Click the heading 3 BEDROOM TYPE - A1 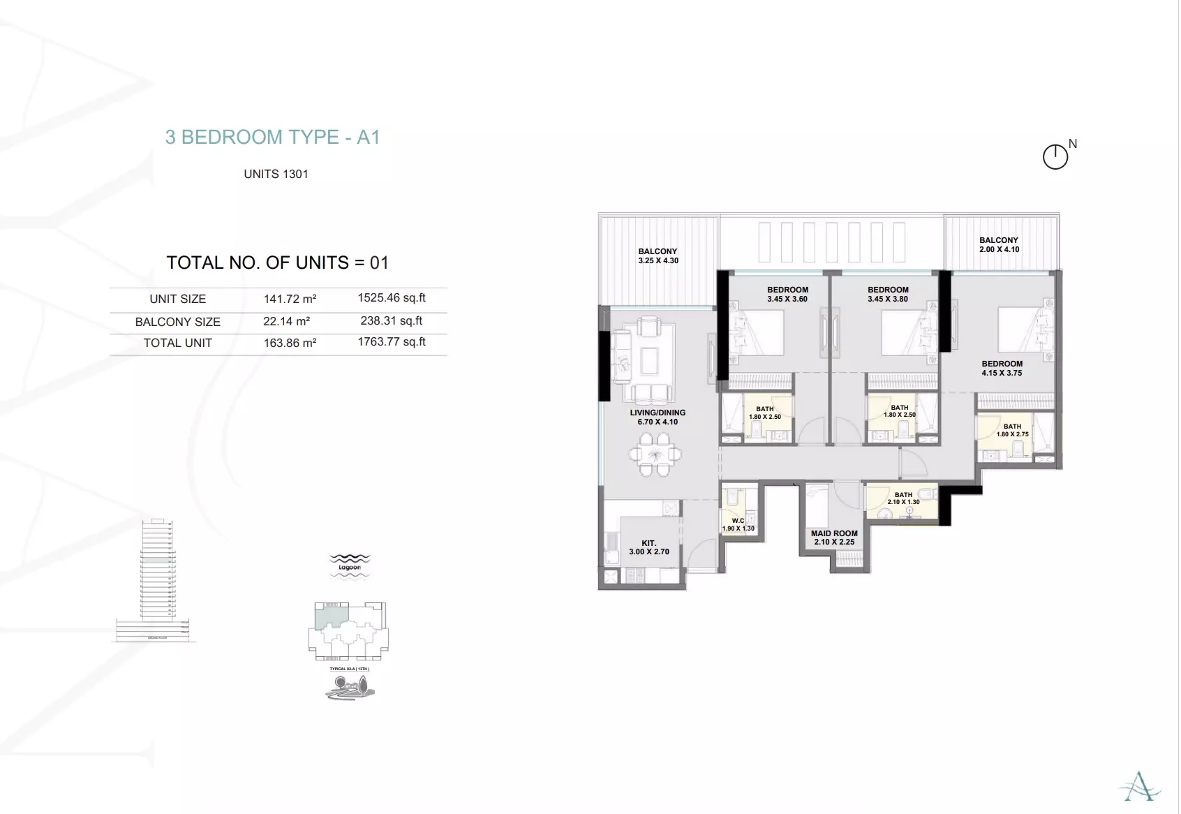tap(272, 137)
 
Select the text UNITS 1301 tap(276, 174)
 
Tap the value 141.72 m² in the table tap(290, 299)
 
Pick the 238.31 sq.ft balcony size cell tap(391, 320)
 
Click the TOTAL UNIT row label tap(177, 343)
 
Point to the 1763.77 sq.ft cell tap(391, 341)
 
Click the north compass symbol tap(1055, 156)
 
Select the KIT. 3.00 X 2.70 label tap(648, 547)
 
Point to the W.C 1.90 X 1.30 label tap(738, 524)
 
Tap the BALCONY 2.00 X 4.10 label tap(999, 244)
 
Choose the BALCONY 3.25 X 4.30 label tap(658, 256)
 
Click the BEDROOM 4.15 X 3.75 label tap(1002, 368)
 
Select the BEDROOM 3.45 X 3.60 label tap(787, 294)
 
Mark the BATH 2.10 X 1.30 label tap(903, 498)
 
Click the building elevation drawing tap(156, 579)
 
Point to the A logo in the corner tap(1140, 787)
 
